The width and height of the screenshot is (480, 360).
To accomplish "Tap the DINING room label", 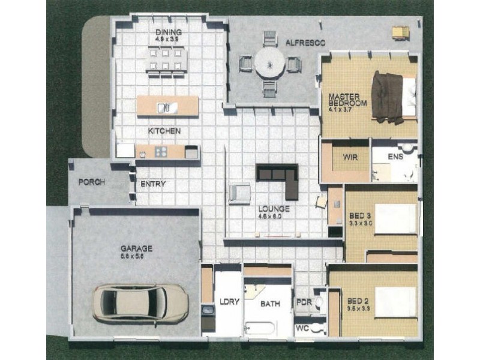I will [x=168, y=32].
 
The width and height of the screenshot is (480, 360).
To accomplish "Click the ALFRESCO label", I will [x=305, y=43].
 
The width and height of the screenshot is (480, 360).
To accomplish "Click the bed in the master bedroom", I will [x=394, y=97].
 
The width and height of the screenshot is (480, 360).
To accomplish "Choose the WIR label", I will [x=350, y=157].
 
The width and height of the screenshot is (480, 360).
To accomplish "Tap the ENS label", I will [x=396, y=157].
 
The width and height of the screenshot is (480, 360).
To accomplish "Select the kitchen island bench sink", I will [x=164, y=108].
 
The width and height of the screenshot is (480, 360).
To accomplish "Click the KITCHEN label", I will [x=164, y=131].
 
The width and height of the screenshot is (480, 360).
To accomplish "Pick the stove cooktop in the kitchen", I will [x=160, y=152].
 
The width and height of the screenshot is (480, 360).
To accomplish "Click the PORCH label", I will [x=92, y=182].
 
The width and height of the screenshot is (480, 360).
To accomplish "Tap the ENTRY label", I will [x=153, y=184].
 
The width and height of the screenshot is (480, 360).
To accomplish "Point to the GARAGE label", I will [x=136, y=248].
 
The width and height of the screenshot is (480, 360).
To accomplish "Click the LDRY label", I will [x=229, y=302].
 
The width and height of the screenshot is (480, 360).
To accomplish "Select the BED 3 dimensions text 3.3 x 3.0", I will [x=361, y=223].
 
